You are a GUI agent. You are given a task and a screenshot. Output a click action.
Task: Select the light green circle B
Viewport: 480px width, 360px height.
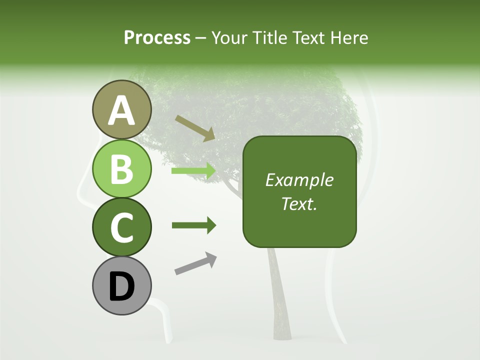click(x=121, y=168)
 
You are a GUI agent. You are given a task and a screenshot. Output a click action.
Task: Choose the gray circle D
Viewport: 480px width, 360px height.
click(x=121, y=285)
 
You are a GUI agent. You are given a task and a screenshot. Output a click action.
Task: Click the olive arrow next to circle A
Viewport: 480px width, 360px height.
click(x=195, y=128)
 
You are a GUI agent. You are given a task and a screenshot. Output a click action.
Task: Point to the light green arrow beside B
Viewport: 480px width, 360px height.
click(x=193, y=171)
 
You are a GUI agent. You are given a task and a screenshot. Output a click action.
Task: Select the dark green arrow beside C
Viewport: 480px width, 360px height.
click(x=193, y=225)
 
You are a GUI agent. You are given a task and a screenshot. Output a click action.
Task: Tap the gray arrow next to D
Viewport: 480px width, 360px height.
click(x=195, y=263)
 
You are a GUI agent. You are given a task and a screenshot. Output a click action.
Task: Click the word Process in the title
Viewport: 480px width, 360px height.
click(x=157, y=37)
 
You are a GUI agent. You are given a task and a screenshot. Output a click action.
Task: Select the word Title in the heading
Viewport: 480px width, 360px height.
click(x=270, y=37)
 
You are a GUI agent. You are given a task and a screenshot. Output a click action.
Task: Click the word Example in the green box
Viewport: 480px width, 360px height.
click(x=299, y=180)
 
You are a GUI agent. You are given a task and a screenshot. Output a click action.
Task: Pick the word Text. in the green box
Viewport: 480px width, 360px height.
click(x=299, y=203)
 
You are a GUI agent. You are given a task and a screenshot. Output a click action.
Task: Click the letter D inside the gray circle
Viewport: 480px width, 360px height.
click(x=121, y=286)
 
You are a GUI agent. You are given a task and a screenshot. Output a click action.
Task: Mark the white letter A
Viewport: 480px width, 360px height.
click(x=121, y=111)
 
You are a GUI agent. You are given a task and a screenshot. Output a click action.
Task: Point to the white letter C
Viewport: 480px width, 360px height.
click(x=121, y=227)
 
